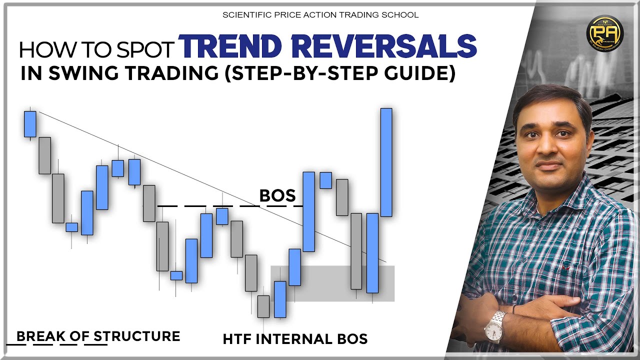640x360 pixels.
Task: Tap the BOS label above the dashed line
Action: pos(277,195)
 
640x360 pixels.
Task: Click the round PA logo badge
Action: pos(604,33)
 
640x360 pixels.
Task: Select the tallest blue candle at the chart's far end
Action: pos(386,162)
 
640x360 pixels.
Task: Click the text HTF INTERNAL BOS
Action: pos(295,339)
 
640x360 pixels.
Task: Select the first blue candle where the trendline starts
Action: pos(30,123)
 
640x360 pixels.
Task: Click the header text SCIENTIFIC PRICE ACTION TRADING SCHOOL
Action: pos(320,14)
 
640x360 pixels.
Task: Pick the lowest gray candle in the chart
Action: pos(263,306)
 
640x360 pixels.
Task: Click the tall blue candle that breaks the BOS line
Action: pos(309,211)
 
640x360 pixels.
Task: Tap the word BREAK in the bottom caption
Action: pos(41,336)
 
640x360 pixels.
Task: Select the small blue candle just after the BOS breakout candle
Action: pos(326,180)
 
